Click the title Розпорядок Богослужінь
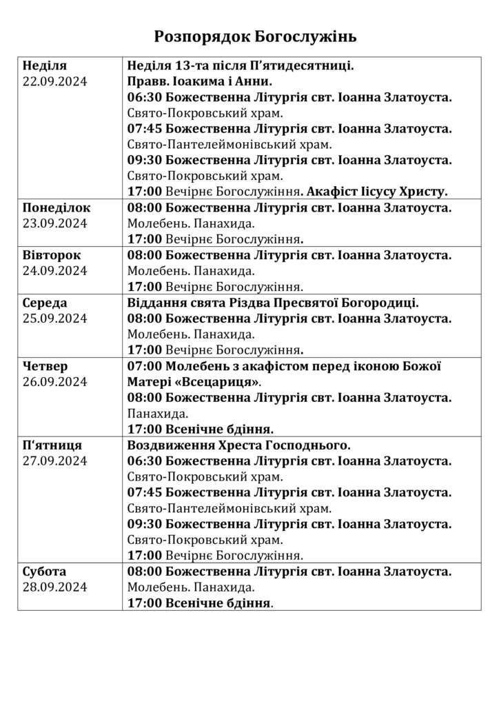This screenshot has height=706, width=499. [x=256, y=36]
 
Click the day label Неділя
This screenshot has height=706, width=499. [x=45, y=65]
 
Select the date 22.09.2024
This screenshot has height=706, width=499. [x=55, y=81]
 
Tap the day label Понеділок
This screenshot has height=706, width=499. [x=57, y=208]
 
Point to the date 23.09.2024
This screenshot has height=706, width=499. [x=55, y=223]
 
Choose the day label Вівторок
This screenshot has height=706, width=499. [x=52, y=255]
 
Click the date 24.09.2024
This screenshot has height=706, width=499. [x=55, y=271]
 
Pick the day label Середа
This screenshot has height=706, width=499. [x=46, y=303]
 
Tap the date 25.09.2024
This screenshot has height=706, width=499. [x=55, y=319]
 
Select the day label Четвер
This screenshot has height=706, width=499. [x=45, y=366]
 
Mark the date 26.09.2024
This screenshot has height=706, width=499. [x=55, y=382]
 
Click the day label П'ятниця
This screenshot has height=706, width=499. [x=52, y=445]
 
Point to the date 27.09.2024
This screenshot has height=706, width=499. [x=55, y=461]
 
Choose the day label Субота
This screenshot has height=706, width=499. [x=45, y=572]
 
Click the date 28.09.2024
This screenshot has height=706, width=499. [x=55, y=587]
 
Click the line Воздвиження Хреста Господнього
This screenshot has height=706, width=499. [x=239, y=445]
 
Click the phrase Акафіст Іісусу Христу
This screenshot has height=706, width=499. [x=377, y=192]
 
